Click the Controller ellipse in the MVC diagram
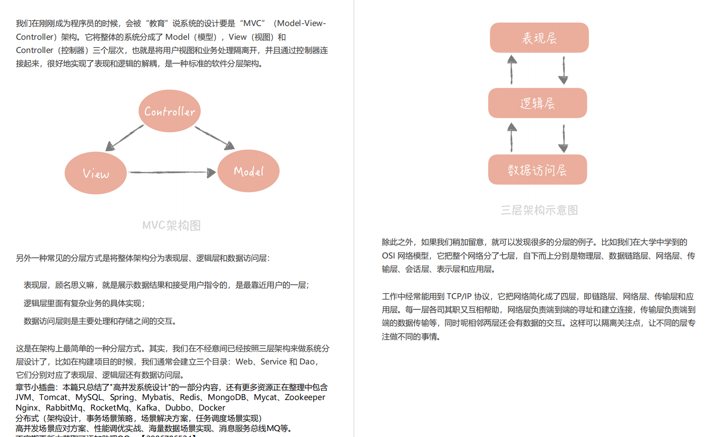tap(169, 111)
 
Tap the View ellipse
tap(95, 173)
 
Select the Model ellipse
tap(248, 171)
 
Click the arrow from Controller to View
tap(124, 137)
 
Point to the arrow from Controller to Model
tap(215, 137)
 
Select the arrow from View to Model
tap(172, 172)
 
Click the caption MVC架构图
tap(172, 225)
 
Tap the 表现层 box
tap(539, 38)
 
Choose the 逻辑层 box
tap(537, 103)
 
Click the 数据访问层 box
tap(537, 170)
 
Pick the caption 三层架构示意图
tap(539, 210)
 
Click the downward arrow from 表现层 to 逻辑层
tap(564, 70)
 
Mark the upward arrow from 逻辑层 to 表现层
tap(512, 70)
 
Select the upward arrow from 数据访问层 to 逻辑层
tap(512, 137)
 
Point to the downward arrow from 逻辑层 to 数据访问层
tap(564, 138)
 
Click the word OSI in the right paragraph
tap(389, 256)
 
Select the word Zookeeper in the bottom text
tap(305, 397)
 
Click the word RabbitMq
tap(64, 408)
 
